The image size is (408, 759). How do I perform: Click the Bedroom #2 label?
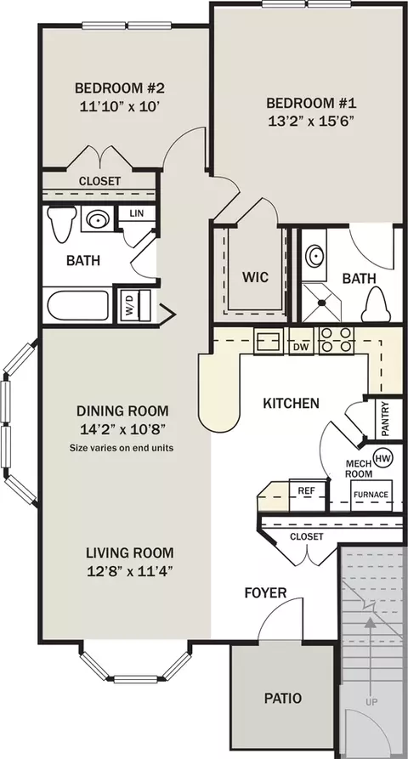120,88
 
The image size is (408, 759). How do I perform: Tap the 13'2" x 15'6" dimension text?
309,121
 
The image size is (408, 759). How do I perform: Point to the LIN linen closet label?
137,213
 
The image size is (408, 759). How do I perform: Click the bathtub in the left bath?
78,305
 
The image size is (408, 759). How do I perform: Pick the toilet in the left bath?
62,224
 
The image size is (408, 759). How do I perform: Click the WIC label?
255,278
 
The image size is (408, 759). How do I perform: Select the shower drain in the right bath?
322,303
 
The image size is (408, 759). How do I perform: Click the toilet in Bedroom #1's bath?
376,305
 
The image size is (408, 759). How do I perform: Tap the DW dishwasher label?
302,347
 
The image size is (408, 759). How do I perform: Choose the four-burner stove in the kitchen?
336,340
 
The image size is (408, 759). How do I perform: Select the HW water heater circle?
383,458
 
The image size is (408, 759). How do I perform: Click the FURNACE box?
371,495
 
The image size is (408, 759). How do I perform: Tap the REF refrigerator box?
306,495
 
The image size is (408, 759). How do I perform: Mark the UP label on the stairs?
371,701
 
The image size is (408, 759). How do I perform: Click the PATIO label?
283,698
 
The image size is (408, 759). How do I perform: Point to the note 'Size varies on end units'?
122,447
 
